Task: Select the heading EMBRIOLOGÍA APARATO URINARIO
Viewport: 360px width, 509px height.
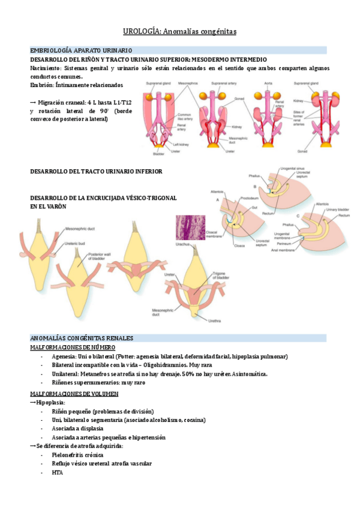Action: (81, 50)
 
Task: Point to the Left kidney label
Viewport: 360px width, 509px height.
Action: (181, 144)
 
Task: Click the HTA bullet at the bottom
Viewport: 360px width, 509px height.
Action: (57, 472)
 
